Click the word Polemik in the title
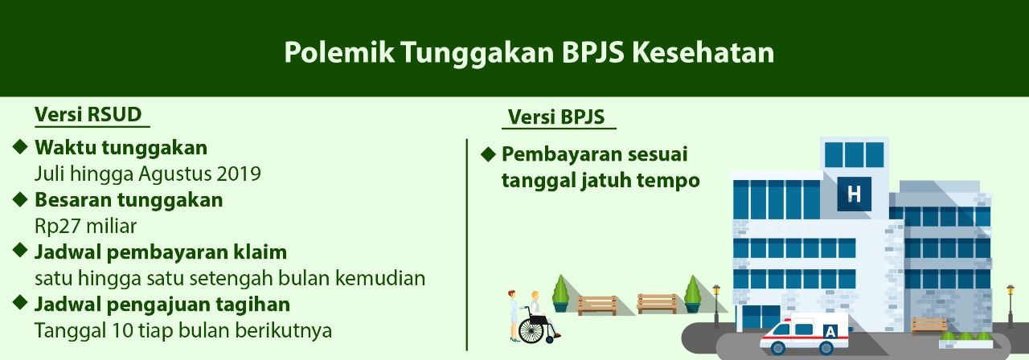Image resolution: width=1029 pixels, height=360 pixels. point(339,52)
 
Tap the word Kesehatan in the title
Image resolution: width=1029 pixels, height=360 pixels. point(703,52)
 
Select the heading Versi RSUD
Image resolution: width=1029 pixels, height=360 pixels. point(88,114)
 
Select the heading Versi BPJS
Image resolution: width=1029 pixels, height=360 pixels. point(555,117)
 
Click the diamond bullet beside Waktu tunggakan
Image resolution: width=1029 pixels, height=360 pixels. point(20,147)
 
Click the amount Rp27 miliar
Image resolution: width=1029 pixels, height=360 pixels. point(86,226)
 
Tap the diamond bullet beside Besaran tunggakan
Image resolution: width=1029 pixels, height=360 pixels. point(20,199)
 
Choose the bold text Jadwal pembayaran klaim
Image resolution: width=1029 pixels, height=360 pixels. point(161,252)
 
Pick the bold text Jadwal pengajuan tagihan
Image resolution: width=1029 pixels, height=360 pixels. point(162,305)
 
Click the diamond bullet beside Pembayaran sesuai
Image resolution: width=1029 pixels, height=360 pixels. point(488,154)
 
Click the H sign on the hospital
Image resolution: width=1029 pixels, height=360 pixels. point(854,194)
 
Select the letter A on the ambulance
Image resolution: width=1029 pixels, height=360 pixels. point(830,332)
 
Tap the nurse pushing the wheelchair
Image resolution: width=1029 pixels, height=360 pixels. point(513,316)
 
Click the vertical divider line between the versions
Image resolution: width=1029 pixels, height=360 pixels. point(467,244)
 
